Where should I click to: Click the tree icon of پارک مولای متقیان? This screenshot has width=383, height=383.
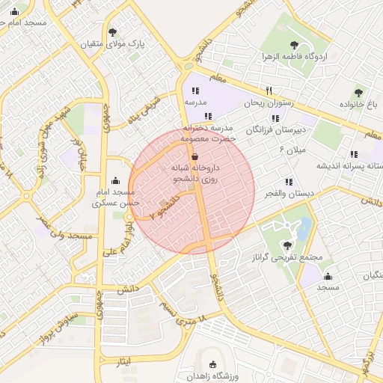pyautogui.click(x=112, y=32)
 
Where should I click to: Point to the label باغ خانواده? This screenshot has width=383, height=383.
pyautogui.click(x=361, y=104)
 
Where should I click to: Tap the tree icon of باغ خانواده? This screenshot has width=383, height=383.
pyautogui.click(x=360, y=92)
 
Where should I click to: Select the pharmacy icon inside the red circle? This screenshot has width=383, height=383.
pyautogui.click(x=195, y=157)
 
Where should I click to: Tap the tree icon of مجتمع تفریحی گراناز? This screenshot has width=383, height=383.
pyautogui.click(x=287, y=245)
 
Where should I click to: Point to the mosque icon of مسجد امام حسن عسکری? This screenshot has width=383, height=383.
pyautogui.click(x=114, y=180)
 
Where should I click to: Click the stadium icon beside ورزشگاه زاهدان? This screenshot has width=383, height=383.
pyautogui.click(x=213, y=365)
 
